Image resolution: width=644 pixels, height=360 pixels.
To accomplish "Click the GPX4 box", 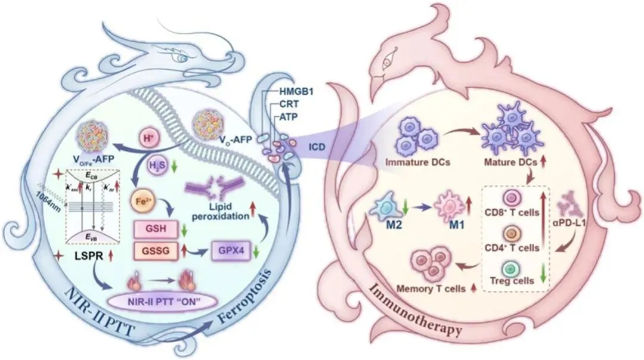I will (x=230, y=251).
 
